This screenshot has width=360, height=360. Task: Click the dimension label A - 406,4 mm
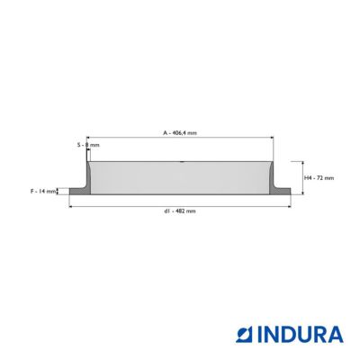[180, 133]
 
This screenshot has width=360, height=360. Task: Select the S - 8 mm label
[88, 145]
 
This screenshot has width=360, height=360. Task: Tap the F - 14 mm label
[43, 191]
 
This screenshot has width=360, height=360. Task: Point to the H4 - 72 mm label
[319, 178]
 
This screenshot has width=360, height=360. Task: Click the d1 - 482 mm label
[180, 211]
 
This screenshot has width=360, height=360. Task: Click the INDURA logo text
[301, 335]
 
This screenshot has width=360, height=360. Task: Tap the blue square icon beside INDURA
[245, 335]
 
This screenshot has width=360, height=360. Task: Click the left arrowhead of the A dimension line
[88, 138]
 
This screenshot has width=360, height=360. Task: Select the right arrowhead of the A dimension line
[272, 138]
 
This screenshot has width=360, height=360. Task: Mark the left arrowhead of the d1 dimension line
[71, 206]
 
